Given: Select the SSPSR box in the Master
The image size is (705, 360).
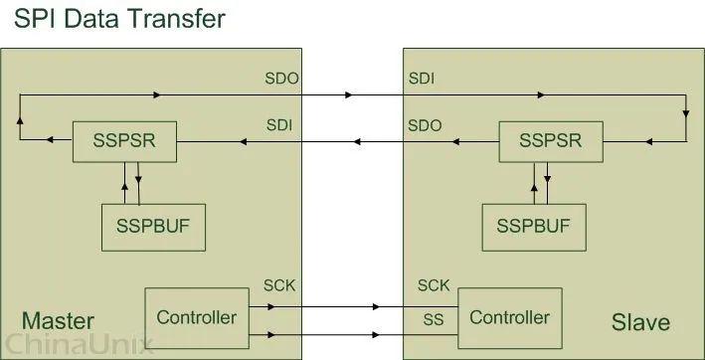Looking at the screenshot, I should (x=124, y=142).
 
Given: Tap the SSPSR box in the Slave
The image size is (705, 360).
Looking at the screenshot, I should (x=550, y=142).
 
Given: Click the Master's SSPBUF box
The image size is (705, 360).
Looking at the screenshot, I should (x=152, y=227).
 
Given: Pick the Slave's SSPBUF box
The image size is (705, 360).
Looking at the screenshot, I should (x=532, y=227).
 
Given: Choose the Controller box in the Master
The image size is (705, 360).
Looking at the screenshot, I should (x=197, y=317).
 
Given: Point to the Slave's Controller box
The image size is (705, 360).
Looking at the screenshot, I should (x=509, y=317).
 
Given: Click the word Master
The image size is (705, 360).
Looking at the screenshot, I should (x=58, y=321).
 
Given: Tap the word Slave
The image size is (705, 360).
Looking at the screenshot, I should (x=640, y=322).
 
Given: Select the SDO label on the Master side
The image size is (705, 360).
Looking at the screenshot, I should (x=279, y=77).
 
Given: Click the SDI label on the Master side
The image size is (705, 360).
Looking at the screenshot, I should (x=279, y=125).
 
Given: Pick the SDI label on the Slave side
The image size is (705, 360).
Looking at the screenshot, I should (x=421, y=77).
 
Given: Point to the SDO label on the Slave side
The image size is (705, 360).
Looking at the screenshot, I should (x=426, y=125).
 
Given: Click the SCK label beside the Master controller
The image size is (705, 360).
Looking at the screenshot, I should (x=279, y=287).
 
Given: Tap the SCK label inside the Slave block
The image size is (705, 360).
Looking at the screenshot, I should (x=434, y=286).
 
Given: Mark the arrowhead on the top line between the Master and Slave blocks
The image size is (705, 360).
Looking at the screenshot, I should (x=349, y=95).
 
